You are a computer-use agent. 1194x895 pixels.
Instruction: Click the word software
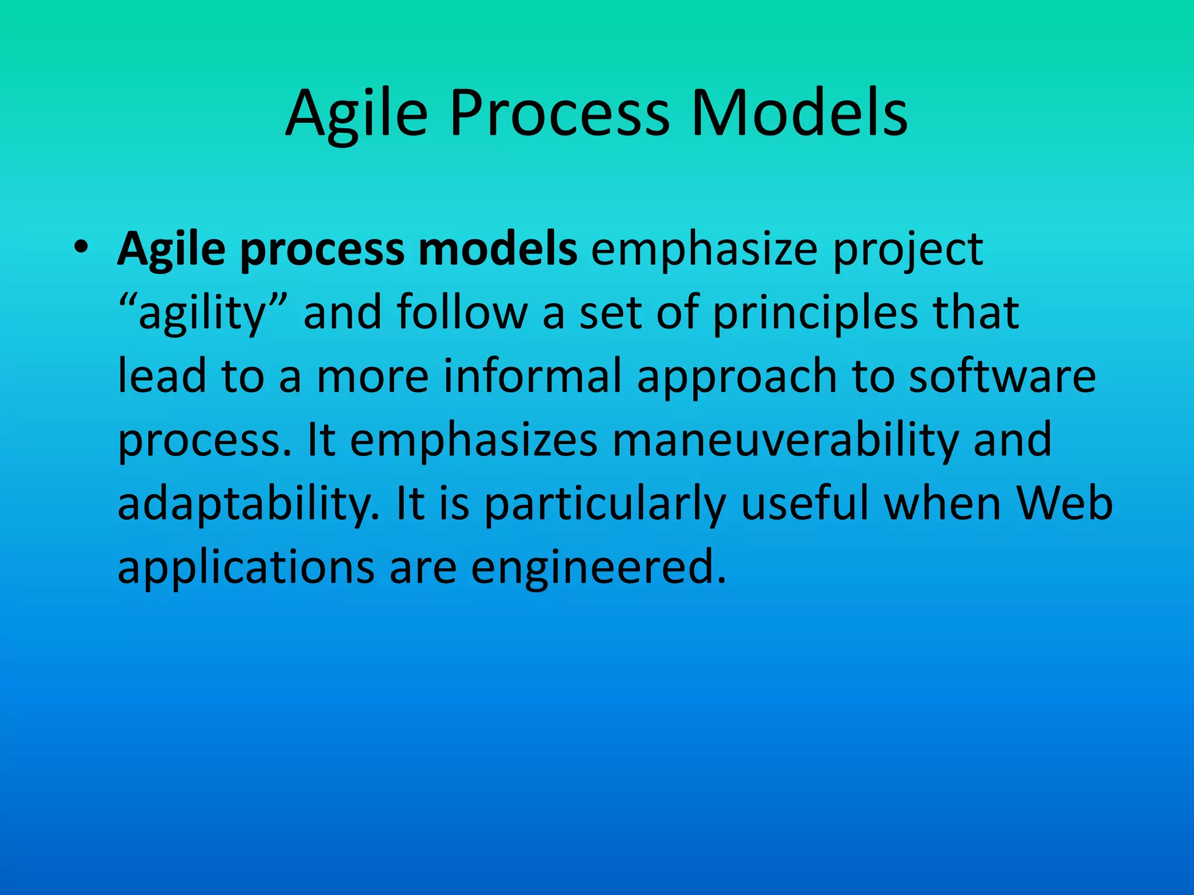[x=1002, y=376]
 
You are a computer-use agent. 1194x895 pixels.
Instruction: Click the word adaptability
[x=248, y=505]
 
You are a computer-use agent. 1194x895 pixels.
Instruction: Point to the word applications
[x=245, y=569]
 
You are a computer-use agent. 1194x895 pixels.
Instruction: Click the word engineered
[x=598, y=569]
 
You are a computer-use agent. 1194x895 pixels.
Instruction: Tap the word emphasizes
[x=473, y=441]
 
